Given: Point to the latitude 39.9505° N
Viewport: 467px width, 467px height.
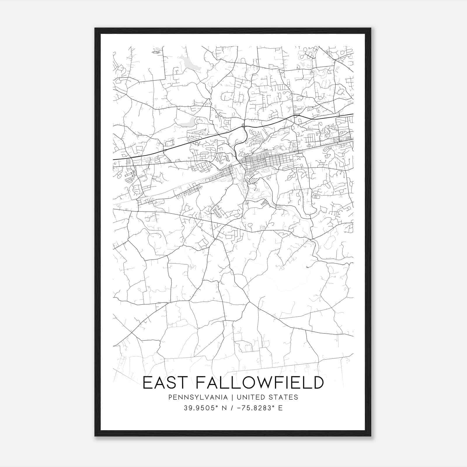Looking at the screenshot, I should click(204, 408).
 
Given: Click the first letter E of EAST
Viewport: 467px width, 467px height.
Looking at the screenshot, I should click(147, 383).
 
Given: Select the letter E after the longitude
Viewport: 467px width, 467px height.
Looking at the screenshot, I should click(280, 408).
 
